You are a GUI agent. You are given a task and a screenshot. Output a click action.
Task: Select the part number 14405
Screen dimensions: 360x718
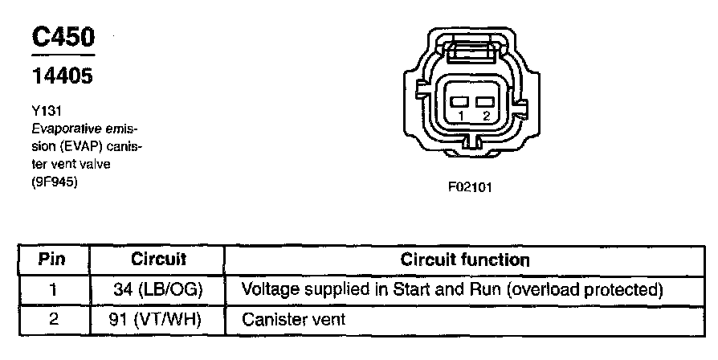[x=62, y=76]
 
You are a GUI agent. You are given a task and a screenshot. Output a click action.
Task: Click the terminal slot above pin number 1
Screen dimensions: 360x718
[x=459, y=102]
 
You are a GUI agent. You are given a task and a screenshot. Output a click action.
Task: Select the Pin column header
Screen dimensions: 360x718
[x=53, y=260]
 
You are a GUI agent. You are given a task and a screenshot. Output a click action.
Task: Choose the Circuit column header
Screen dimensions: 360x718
[x=158, y=260]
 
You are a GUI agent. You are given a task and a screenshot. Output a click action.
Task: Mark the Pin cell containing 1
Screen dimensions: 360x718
[x=53, y=288]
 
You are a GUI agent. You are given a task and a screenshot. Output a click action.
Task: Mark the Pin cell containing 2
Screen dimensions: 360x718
[x=53, y=319]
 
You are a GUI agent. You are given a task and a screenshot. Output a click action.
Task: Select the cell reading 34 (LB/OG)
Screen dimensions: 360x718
[x=157, y=288]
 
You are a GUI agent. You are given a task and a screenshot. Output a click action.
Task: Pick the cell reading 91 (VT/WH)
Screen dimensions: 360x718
[x=157, y=319]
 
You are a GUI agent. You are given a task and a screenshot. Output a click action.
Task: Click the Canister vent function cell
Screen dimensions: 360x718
[x=293, y=319]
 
